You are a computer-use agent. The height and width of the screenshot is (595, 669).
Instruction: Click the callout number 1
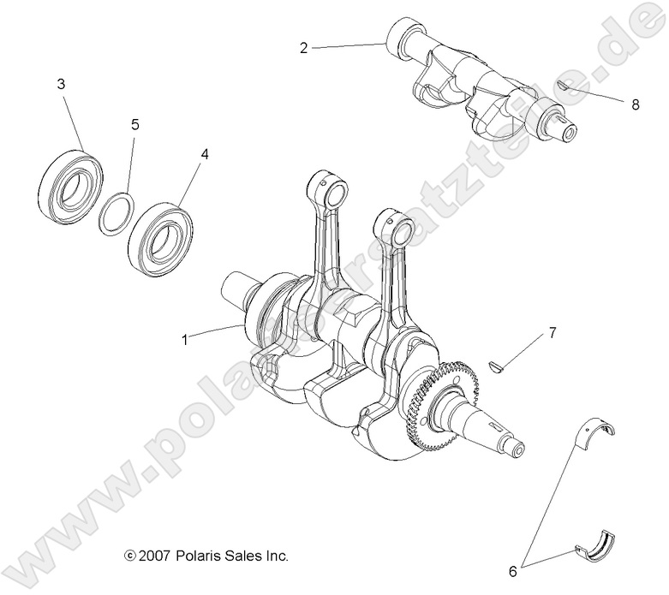click(x=184, y=338)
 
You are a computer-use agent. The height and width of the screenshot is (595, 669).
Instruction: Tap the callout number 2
click(x=303, y=48)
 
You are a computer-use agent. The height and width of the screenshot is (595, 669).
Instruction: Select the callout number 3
click(x=60, y=84)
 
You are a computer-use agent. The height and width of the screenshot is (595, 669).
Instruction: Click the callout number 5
click(x=134, y=124)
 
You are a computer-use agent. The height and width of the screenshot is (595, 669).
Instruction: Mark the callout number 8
click(x=635, y=105)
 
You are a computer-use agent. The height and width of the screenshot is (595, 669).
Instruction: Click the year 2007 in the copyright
click(x=155, y=556)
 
